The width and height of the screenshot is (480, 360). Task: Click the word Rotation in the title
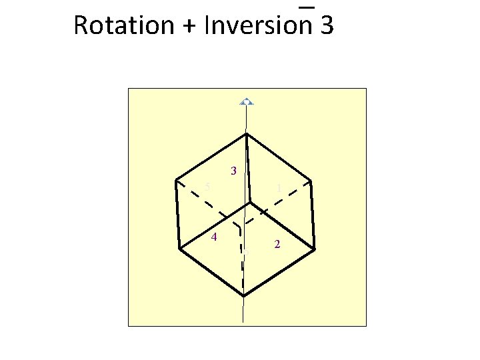(123, 25)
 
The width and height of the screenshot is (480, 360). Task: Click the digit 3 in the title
(327, 25)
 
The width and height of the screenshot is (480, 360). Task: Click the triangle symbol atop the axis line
(247, 101)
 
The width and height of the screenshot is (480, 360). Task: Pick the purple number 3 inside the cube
(233, 171)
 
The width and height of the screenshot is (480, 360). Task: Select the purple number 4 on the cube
(213, 237)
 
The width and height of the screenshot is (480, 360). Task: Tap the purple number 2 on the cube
(277, 245)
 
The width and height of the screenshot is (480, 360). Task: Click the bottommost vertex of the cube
(244, 295)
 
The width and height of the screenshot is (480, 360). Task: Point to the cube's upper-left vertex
(176, 179)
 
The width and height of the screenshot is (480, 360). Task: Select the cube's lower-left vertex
(180, 249)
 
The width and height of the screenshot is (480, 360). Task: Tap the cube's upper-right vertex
(311, 181)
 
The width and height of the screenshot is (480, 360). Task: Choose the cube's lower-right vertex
(314, 249)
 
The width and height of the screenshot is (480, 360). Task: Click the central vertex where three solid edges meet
(251, 202)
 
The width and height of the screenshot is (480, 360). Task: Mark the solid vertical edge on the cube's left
(178, 214)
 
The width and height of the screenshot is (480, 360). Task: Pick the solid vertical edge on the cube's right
(313, 215)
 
